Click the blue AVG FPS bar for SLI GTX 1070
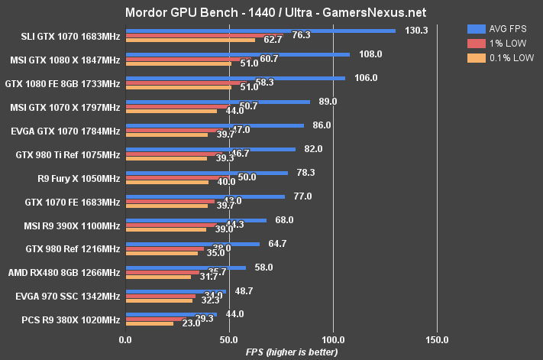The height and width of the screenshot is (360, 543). [260, 31]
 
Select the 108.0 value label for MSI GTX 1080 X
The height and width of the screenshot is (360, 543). [370, 54]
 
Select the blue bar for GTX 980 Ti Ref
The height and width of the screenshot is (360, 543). [210, 149]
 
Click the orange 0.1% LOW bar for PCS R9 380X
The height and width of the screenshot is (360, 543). [149, 323]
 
